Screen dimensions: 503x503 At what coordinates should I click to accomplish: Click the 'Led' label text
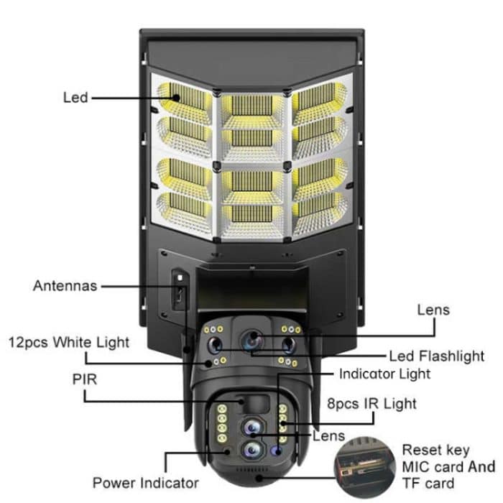coord(75,97)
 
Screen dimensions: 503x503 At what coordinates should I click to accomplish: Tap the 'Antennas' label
coord(65,285)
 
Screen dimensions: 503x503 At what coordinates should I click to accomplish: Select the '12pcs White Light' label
coord(70,341)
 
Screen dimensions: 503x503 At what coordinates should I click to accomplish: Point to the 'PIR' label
coord(84,377)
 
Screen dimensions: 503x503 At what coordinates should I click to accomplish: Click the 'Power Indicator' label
coord(145,482)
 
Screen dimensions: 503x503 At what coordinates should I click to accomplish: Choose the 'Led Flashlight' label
coord(436,356)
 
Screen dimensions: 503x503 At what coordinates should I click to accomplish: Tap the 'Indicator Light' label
coord(384,374)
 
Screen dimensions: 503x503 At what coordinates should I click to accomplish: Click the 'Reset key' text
coord(435,451)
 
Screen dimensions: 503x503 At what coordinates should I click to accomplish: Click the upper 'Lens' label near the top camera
coord(433,310)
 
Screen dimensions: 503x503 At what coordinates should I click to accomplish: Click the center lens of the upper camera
coord(251,340)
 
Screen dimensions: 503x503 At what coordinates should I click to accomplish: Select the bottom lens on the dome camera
coord(251,451)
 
